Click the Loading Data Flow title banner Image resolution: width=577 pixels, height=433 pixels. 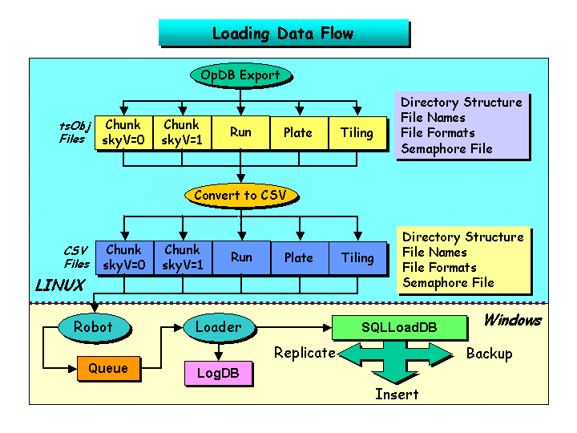283,34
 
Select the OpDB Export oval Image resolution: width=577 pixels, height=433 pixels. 240,75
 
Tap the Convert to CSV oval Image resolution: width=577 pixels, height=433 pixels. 240,195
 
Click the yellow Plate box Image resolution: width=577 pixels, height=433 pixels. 298,132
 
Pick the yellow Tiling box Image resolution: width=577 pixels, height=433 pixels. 357,132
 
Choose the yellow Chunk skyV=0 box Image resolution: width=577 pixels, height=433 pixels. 123,132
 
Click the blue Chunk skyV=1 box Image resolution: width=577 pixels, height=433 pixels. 182,257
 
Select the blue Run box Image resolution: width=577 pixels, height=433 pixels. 241,257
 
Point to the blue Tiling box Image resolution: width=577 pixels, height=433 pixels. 357,257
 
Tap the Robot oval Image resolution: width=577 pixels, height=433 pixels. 93,327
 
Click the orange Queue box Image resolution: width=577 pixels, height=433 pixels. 108,369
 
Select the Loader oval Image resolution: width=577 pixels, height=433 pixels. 218,327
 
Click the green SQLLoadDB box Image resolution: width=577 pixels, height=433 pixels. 399,327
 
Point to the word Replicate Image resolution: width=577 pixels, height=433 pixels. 305,353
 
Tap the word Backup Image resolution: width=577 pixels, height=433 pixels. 489,354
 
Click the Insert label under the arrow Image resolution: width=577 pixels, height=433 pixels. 397,394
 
